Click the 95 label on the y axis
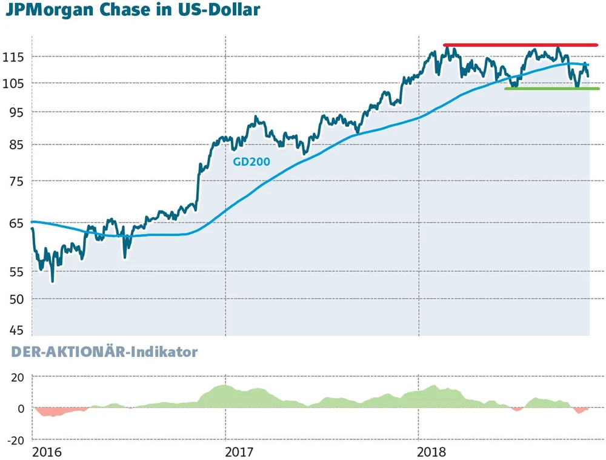[x=15, y=112]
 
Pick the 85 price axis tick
[x=15, y=145]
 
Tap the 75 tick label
[x=15, y=181]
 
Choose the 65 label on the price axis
[x=15, y=223]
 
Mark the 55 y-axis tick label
[x=15, y=272]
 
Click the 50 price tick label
[x=15, y=299]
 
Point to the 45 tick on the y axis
[x=15, y=330]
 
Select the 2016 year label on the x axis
[x=47, y=452]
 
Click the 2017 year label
[x=240, y=452]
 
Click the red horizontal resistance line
[x=520, y=45]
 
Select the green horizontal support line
[x=551, y=89]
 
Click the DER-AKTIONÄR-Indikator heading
[x=104, y=352]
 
